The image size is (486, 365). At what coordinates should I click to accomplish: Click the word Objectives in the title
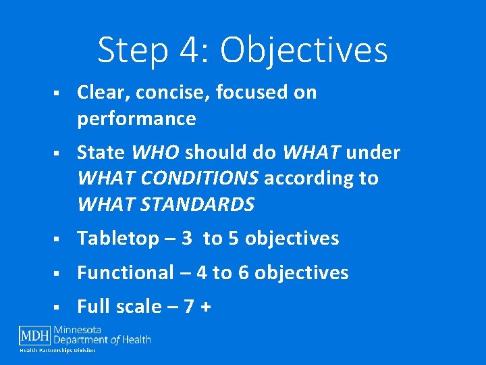(x=304, y=50)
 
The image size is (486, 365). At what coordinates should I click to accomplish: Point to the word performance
(x=136, y=119)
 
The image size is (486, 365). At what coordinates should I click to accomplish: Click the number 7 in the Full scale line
(x=188, y=307)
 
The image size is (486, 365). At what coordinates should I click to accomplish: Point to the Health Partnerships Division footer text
(x=57, y=350)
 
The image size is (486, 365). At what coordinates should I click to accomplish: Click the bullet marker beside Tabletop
(x=59, y=239)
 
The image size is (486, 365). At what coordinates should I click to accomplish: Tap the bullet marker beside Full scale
(x=59, y=308)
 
